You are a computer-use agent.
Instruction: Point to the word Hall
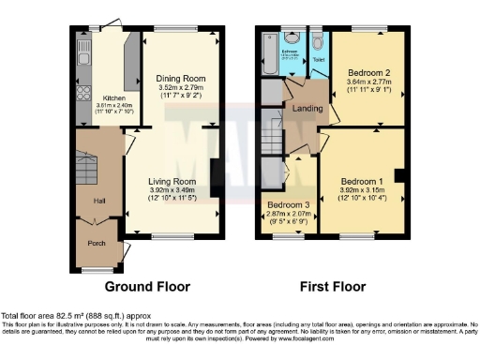click(x=98, y=201)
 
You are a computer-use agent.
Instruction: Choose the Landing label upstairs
click(x=307, y=108)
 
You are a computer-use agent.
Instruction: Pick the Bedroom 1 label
click(x=361, y=181)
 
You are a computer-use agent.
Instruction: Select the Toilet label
click(x=319, y=60)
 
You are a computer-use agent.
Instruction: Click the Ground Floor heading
click(x=147, y=286)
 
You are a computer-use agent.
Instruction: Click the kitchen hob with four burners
click(x=81, y=93)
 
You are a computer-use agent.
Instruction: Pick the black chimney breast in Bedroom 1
click(x=399, y=175)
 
